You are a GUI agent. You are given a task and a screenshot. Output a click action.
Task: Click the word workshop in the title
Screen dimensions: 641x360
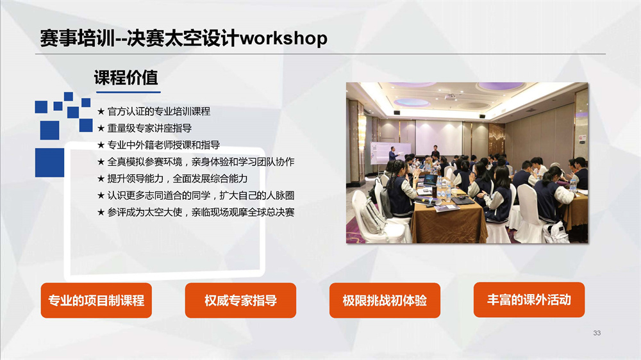283,38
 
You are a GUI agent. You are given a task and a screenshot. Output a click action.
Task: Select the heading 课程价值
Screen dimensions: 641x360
126,78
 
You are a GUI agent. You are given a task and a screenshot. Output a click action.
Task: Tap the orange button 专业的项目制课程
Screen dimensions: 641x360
96,300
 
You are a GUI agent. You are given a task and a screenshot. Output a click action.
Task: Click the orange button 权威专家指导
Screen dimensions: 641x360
240,300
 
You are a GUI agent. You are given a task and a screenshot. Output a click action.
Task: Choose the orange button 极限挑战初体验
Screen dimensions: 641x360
385,300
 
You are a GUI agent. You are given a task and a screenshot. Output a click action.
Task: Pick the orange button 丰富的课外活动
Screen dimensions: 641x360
529,300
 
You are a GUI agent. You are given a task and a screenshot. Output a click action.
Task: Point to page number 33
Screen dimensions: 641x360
597,333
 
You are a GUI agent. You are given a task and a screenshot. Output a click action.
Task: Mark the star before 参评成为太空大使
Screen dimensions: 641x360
101,213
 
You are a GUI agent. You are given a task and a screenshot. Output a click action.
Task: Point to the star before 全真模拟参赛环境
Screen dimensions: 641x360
101,162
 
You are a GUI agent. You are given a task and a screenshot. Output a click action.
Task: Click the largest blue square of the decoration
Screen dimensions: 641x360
49,163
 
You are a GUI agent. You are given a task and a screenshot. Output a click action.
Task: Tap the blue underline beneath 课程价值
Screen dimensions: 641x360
128,92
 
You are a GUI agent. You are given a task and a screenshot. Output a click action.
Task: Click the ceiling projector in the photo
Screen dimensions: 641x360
450,97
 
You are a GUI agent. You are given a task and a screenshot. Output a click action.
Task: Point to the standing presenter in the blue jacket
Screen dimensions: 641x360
393,154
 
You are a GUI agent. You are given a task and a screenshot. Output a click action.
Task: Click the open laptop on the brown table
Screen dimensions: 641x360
430,180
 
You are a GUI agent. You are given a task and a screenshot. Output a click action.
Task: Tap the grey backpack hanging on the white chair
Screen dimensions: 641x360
372,215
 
